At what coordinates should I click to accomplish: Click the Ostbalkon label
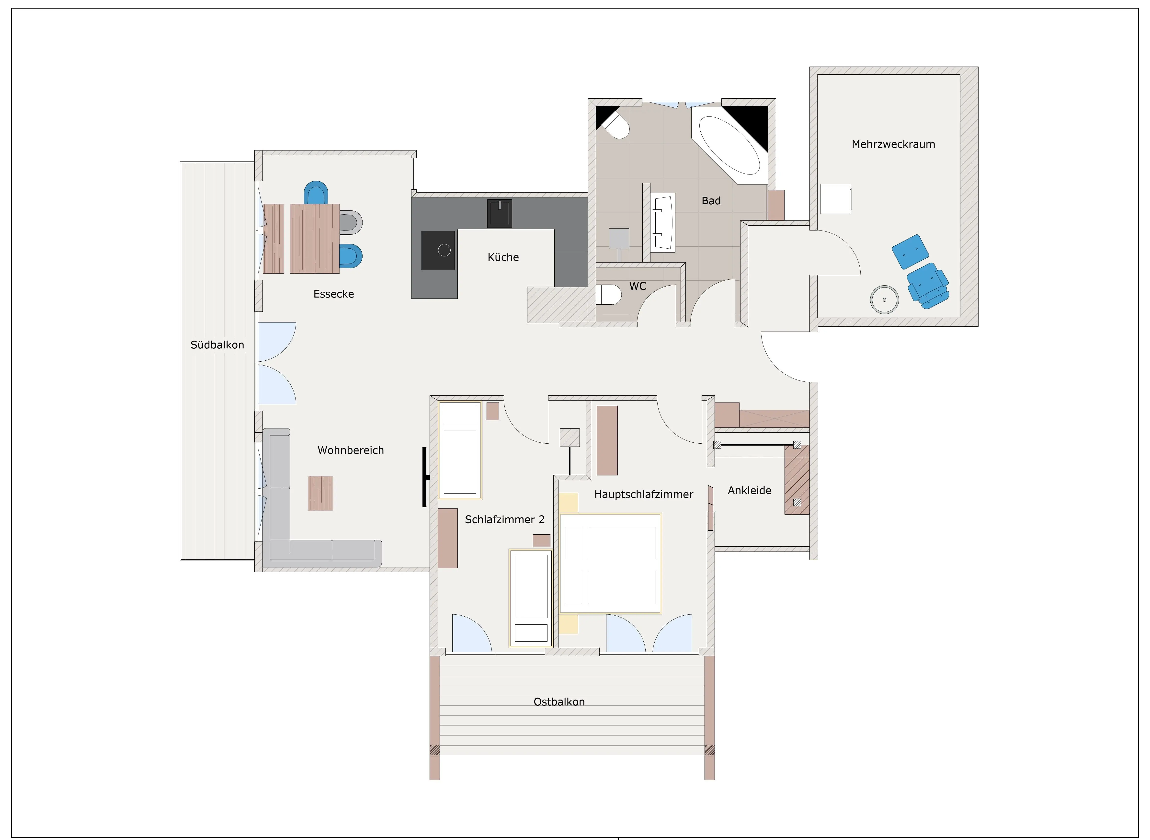click(559, 702)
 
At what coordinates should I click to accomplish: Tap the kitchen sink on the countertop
click(499, 213)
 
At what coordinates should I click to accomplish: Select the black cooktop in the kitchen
click(438, 250)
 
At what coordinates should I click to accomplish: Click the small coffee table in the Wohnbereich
click(320, 493)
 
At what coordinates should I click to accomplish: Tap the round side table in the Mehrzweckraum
click(885, 299)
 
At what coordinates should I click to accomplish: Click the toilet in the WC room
click(609, 294)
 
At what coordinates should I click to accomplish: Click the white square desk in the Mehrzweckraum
click(835, 199)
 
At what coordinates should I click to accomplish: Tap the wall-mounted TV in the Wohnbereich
click(425, 477)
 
